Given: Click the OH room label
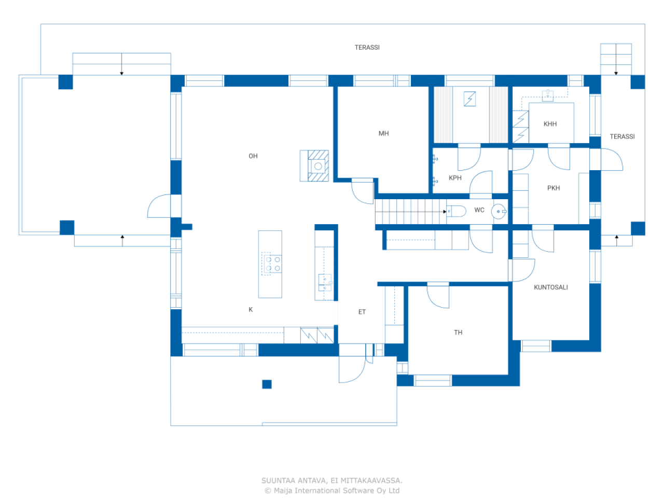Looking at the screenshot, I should (253, 156).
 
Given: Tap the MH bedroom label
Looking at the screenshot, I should (383, 134).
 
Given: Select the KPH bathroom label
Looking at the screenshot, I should (455, 178).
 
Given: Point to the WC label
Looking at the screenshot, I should (479, 210).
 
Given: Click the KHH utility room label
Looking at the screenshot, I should (550, 124).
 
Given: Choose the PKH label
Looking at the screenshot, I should (554, 188).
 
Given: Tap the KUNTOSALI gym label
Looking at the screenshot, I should (550, 287).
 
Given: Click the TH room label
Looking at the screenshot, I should (458, 333).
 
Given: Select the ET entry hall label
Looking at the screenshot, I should (362, 312).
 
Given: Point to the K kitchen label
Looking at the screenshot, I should (251, 310).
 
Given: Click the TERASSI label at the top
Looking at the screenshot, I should (367, 48).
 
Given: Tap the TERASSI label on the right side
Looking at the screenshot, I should (622, 137).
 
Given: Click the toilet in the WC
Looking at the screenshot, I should (456, 211).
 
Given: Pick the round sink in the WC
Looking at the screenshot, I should (499, 212).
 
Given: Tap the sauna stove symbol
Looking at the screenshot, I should (470, 99).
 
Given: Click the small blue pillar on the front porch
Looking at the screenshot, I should (267, 384).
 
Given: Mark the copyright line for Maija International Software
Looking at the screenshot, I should (332, 491).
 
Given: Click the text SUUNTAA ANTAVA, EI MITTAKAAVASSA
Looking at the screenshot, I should (332, 481).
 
